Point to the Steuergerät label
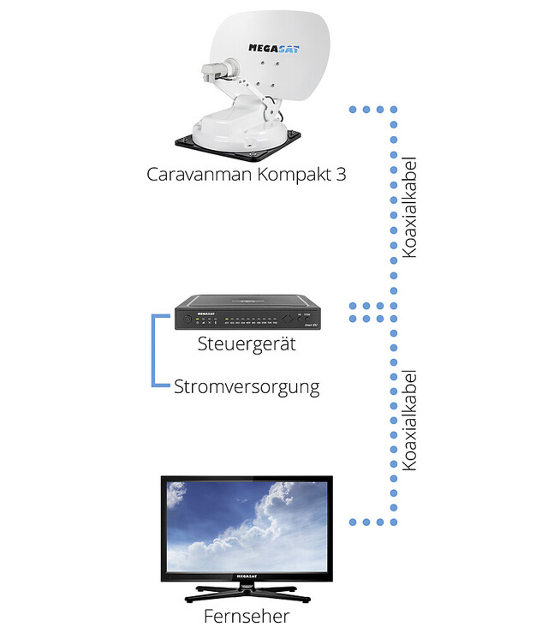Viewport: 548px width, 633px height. click(x=247, y=344)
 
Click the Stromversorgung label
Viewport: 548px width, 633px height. click(x=247, y=386)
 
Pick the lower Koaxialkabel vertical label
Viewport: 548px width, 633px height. click(x=408, y=421)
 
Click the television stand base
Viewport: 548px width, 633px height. click(x=247, y=591)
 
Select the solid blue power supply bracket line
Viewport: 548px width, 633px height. click(x=154, y=351)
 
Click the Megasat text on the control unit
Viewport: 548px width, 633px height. click(x=205, y=314)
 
